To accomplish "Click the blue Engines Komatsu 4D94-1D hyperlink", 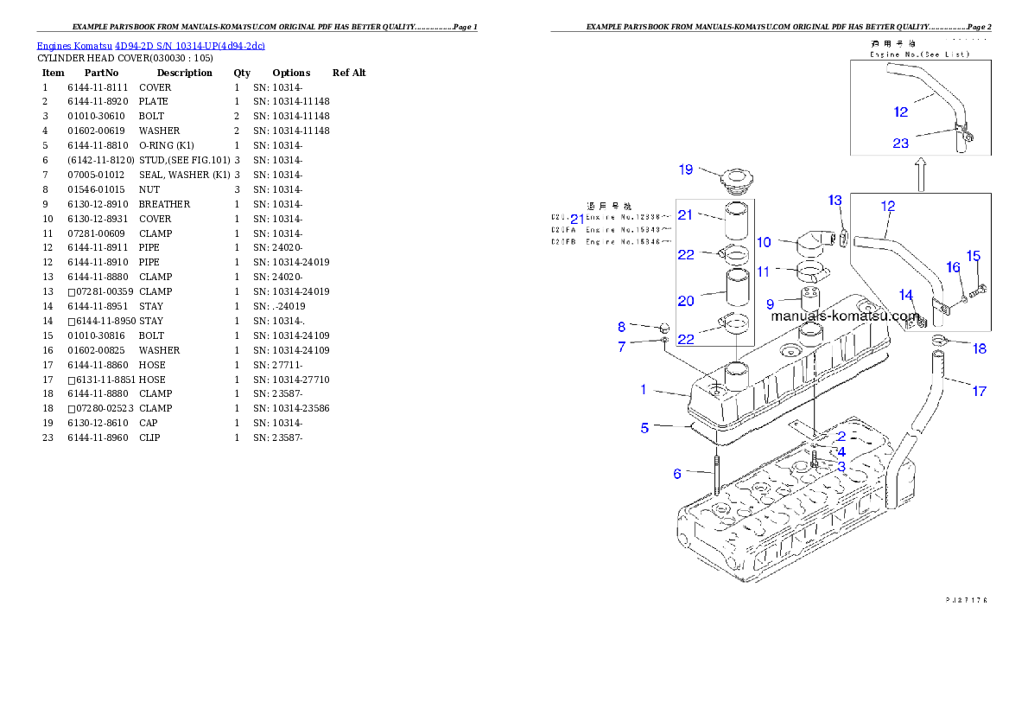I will [150, 45].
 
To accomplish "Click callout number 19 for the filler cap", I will [685, 169].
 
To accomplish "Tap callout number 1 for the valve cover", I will [643, 390].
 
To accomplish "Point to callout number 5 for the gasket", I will [644, 428].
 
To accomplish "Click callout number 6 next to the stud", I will [677, 474].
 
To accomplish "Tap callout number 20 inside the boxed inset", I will [686, 301].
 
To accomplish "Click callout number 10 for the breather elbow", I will [764, 243].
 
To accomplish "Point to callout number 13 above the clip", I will [834, 201].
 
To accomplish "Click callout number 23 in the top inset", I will [901, 144].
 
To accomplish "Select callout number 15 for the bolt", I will [973, 256].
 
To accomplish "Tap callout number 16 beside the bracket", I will [953, 268].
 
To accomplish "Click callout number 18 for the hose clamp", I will [980, 349].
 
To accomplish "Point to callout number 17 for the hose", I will [979, 392].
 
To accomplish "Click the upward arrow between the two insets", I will [922, 174].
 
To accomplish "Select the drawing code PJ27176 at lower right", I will [965, 599].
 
